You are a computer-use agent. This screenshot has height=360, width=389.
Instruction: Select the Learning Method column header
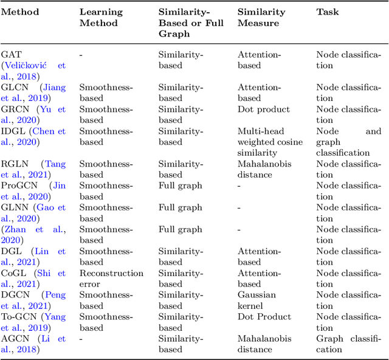(x=101, y=17)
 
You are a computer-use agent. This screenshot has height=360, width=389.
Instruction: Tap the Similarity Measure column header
(x=261, y=17)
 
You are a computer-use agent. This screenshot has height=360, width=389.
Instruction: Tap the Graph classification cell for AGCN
(x=348, y=344)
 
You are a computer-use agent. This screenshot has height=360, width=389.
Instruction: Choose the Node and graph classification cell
(x=348, y=142)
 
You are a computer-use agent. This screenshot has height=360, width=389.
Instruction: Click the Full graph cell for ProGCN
(x=180, y=185)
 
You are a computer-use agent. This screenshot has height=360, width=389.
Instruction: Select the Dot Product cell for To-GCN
(x=264, y=317)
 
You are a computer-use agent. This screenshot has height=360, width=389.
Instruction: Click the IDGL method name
(x=13, y=131)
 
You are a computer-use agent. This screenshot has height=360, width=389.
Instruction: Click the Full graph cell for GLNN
(x=180, y=207)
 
